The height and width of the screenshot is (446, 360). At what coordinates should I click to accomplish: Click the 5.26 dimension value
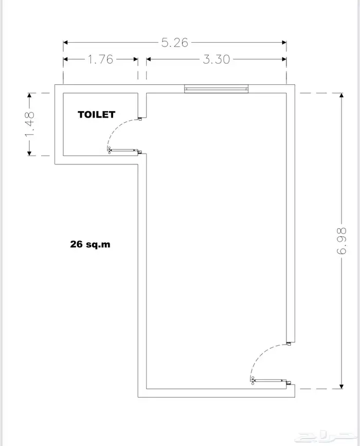coord(175,43)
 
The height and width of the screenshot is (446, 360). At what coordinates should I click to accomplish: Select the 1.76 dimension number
coord(100,59)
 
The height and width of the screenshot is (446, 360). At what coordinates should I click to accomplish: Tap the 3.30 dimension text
coord(217,59)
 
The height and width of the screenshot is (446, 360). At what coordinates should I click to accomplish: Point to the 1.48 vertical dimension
coord(30,124)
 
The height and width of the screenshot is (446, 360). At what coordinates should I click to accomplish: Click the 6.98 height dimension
coord(341,240)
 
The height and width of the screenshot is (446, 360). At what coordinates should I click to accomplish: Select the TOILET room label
coord(97,115)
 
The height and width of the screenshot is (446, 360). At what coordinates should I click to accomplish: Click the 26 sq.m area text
coord(90,244)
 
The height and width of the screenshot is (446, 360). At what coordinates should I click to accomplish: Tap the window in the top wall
coord(217,89)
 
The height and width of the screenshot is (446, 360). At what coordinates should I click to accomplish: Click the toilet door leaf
coord(122,150)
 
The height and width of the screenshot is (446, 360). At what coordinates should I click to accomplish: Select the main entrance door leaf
coord(269,380)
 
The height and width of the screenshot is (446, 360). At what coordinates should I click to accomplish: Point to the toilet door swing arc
coord(116,127)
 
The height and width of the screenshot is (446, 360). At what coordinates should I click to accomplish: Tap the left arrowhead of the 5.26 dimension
coord(65,43)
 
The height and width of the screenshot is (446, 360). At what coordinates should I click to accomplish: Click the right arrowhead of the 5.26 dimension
coord(284,43)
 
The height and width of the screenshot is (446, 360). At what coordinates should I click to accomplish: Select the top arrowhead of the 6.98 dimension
coord(341,95)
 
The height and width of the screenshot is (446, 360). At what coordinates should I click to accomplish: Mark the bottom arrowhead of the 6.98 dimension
coord(341,386)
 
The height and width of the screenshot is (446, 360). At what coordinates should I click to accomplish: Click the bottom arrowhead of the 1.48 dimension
coord(29,153)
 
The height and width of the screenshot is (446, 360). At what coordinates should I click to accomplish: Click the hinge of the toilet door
coord(109,150)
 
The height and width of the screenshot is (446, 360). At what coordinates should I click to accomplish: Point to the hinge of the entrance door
coord(252,380)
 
